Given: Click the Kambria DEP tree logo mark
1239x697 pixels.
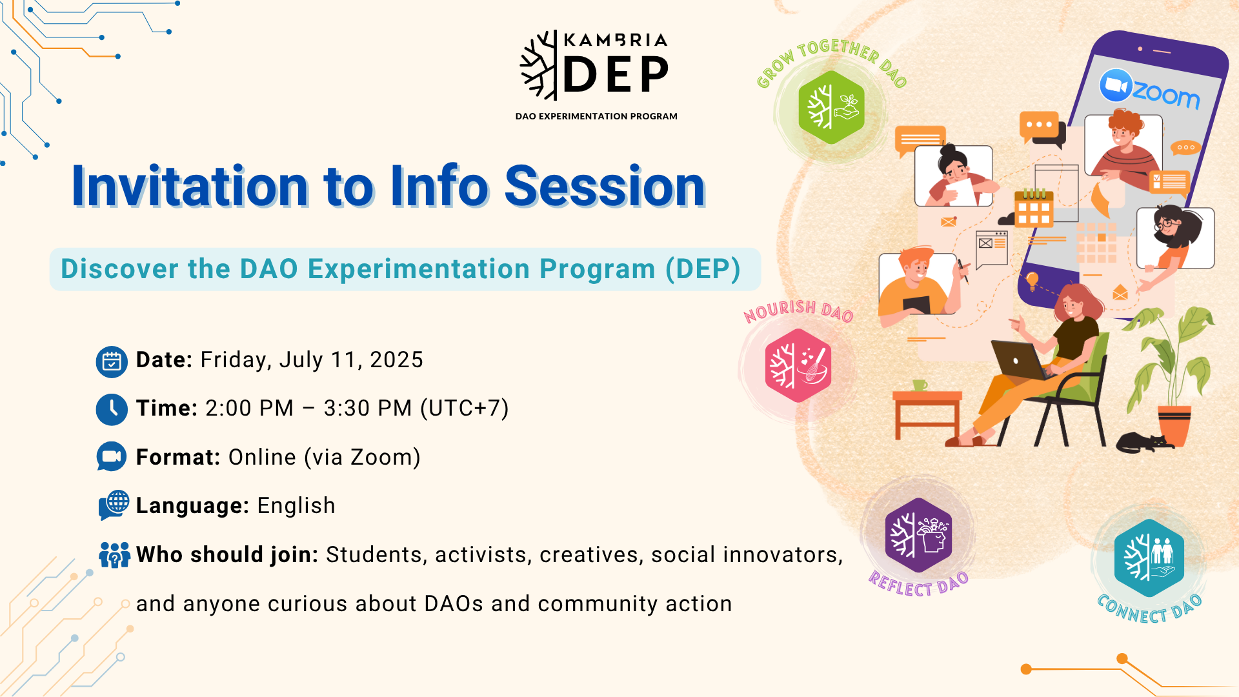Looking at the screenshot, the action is point(539,65).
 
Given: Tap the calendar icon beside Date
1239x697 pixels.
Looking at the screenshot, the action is point(112,361).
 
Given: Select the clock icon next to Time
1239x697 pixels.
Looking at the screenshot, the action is point(112,410).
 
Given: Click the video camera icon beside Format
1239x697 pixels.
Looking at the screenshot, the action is point(112,457).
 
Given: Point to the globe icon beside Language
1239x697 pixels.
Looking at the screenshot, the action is point(114,505).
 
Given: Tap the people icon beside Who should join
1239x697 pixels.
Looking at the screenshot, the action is point(114,554).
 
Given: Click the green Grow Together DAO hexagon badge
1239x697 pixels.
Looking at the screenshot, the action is point(831,107).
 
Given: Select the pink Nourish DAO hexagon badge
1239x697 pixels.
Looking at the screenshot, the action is point(798,365).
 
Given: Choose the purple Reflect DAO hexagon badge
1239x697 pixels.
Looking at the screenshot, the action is point(918,535).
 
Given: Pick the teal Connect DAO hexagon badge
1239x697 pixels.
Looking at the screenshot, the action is point(1149,558).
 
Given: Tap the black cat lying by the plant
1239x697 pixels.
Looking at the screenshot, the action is point(1143,442).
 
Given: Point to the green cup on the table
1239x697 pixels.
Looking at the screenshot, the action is point(920,385).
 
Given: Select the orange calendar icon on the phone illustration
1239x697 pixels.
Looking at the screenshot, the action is point(1034,208).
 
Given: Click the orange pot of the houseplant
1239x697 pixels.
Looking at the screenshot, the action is point(1174,425).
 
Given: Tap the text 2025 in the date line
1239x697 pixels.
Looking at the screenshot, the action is point(396,360).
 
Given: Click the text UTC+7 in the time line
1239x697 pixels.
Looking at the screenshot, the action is point(465,409).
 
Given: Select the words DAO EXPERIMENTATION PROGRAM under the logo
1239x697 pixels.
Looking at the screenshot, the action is point(596,116).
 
